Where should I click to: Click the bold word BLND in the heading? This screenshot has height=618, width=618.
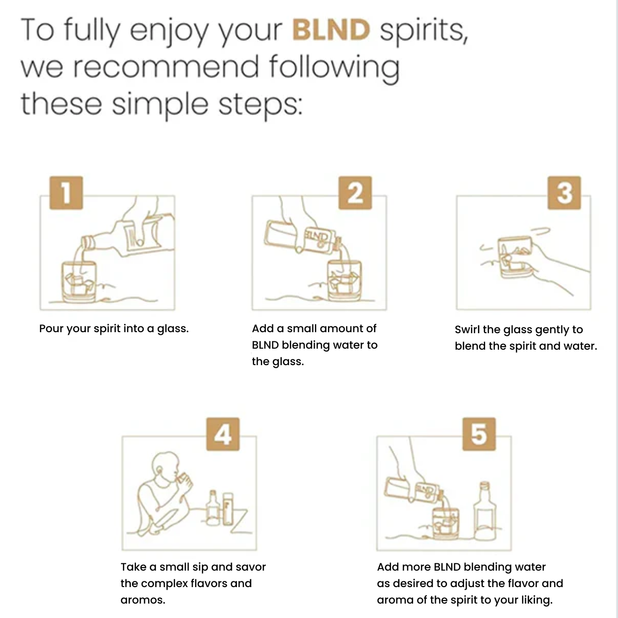pyautogui.click(x=331, y=30)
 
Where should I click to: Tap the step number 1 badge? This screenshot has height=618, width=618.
pyautogui.click(x=66, y=193)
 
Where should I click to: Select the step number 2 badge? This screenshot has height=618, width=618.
pyautogui.click(x=355, y=193)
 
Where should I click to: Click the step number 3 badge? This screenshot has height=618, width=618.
pyautogui.click(x=564, y=193)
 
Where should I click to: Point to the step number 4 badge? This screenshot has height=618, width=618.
pyautogui.click(x=222, y=434)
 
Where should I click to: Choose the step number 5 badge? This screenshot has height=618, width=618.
pyautogui.click(x=478, y=434)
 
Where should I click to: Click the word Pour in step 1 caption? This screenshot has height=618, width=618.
pyautogui.click(x=51, y=329)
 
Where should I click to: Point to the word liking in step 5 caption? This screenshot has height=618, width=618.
pyautogui.click(x=535, y=600)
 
